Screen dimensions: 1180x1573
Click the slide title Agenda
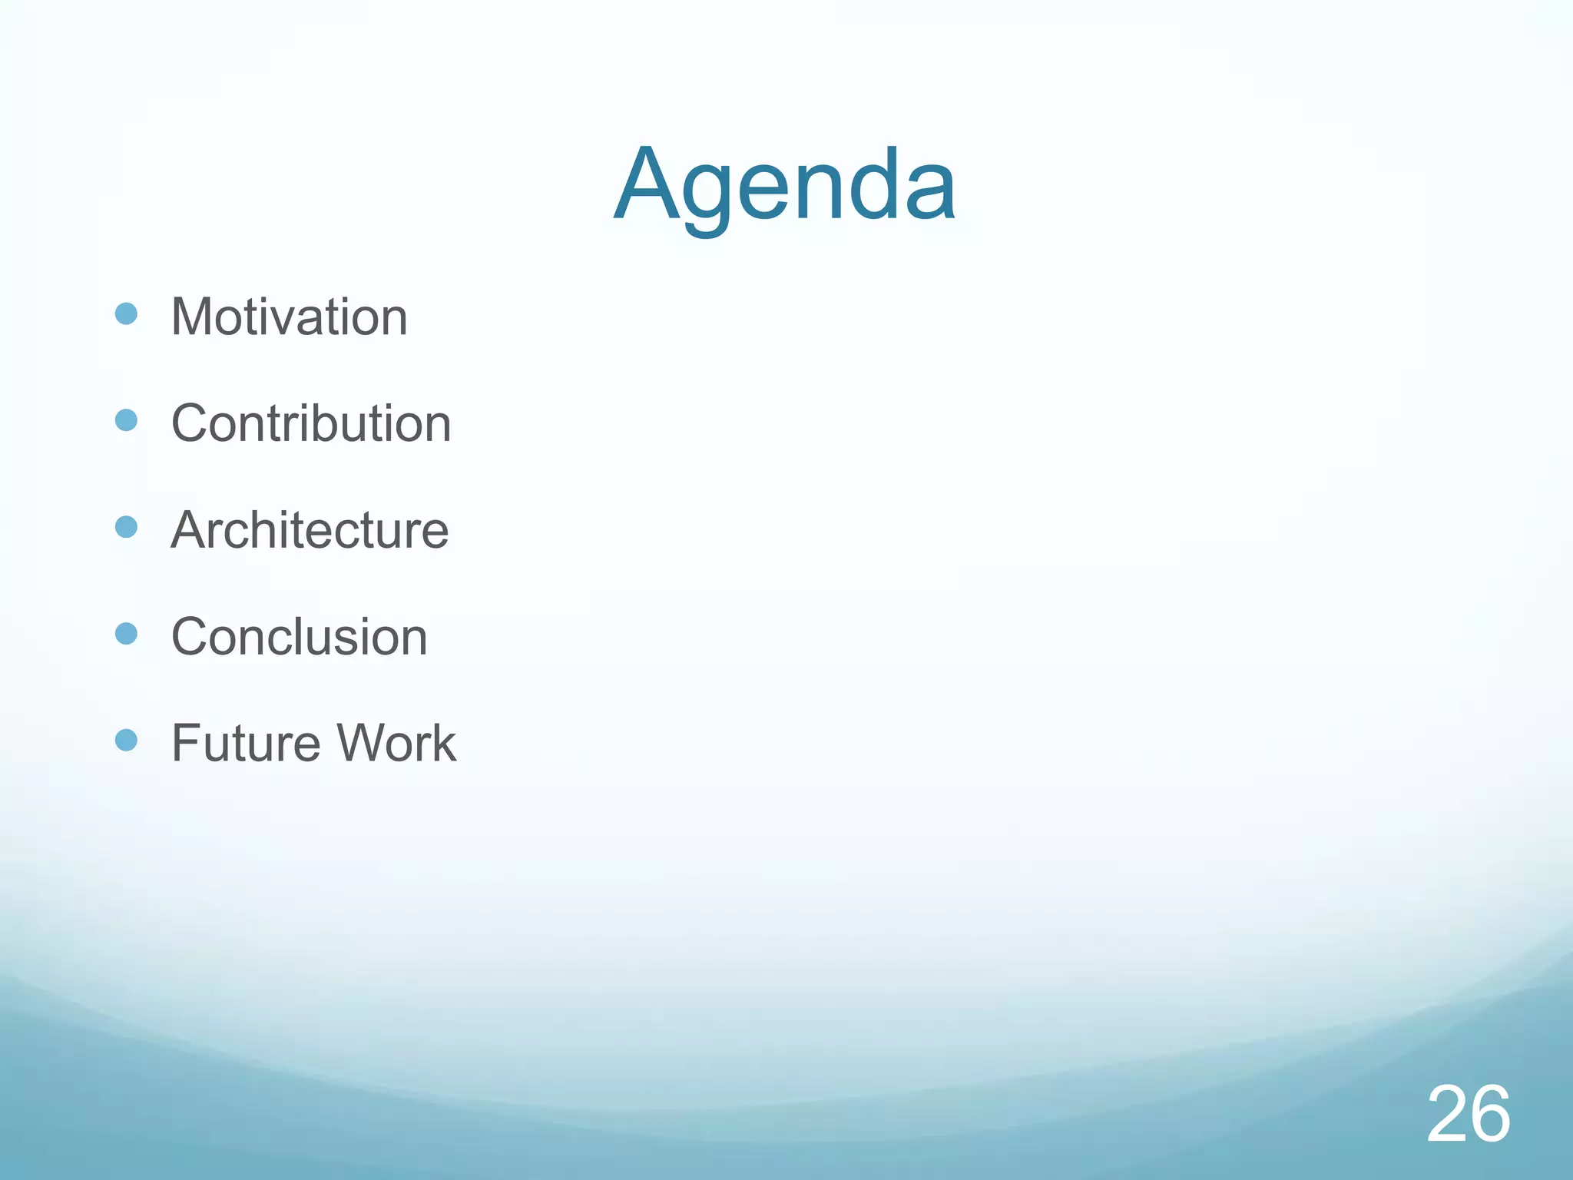(785, 186)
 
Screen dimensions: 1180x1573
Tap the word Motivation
(289, 317)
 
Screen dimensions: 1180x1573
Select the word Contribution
(311, 423)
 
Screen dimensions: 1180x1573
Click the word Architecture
(310, 530)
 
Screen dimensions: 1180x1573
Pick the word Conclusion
(299, 637)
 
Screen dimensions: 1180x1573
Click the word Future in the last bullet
(246, 743)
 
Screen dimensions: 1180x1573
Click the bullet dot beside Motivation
(126, 313)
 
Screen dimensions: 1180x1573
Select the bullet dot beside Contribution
(126, 420)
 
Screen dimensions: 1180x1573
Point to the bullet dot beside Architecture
(126, 527)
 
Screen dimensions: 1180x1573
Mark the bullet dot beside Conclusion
(126, 634)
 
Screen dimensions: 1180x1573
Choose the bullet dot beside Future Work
(126, 740)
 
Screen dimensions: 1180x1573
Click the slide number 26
(1469, 1114)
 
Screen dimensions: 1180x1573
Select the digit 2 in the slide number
(1447, 1114)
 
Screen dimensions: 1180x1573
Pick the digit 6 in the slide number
(1491, 1114)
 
